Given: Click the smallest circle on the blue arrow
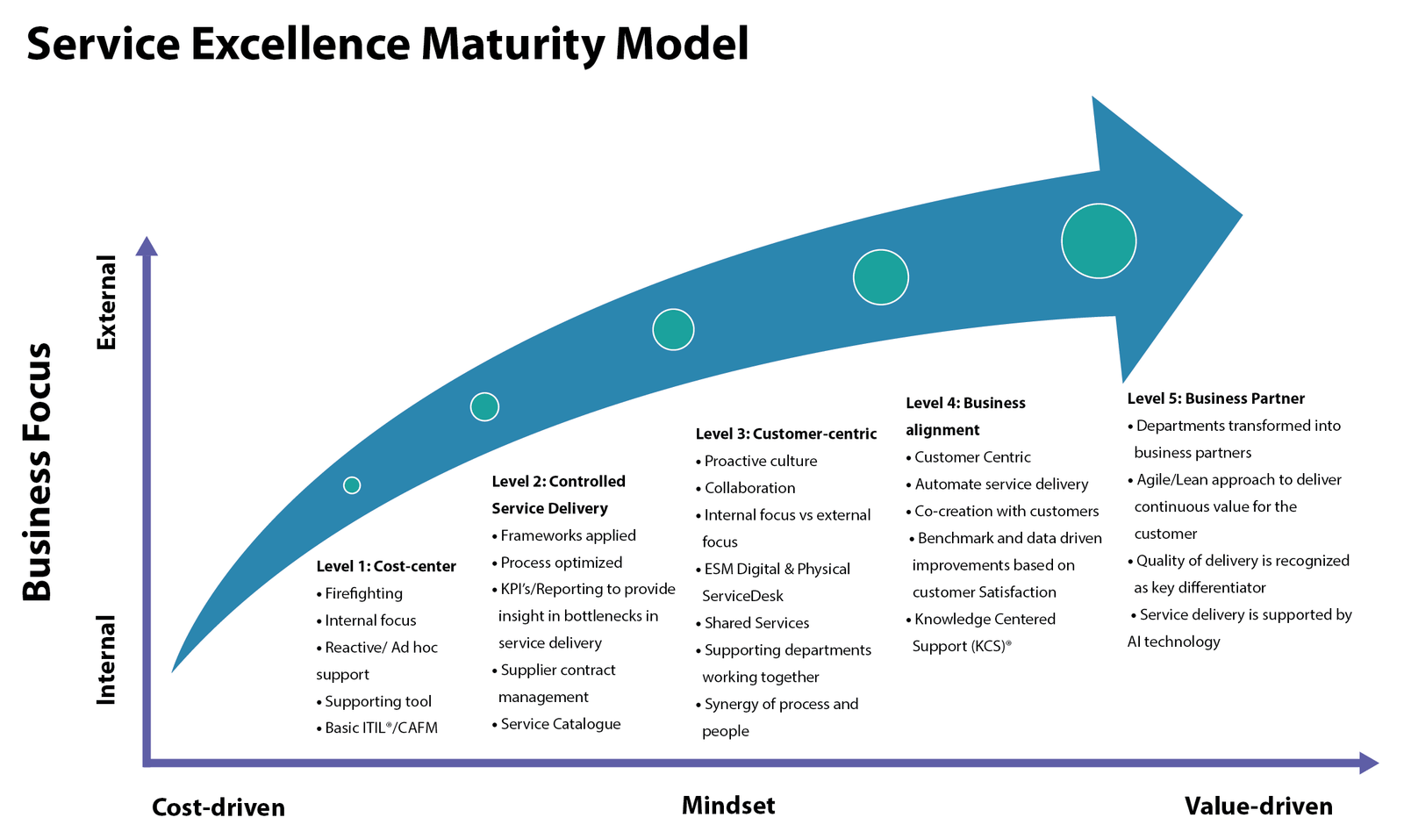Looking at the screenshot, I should pos(352,485).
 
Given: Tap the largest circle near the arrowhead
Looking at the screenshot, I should pos(1099,241).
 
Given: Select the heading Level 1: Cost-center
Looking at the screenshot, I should pos(386,567).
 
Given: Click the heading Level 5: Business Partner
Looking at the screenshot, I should pos(1216,398).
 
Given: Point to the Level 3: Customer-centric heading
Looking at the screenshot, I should pos(786,434).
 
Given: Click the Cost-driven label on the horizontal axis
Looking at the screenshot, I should pos(218,807).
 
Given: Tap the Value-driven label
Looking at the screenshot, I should pos(1258,807).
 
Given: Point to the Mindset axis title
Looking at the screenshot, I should pos(728,806).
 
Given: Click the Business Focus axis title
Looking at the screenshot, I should pos(37,472).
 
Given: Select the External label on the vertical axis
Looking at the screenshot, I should pos(106,303).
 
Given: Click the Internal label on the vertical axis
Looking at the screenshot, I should pos(106,660).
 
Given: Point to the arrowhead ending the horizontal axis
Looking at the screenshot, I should pos(1368,763).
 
